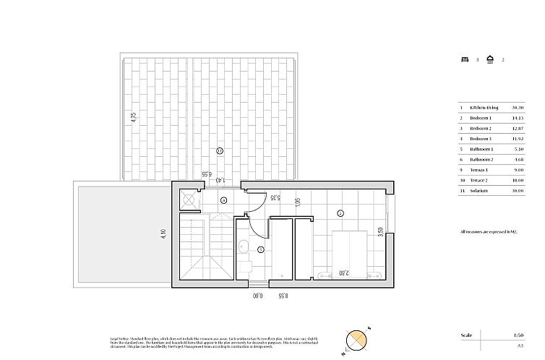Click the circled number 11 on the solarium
(x=220, y=150)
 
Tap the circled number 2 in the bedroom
(x=340, y=213)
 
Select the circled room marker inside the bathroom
(x=261, y=249)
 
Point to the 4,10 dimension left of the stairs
(x=164, y=236)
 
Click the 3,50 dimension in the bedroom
(x=380, y=233)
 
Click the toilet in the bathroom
(x=244, y=268)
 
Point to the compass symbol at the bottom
(x=357, y=340)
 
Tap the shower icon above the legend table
(x=490, y=60)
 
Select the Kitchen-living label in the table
(x=484, y=108)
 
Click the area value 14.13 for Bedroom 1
(x=518, y=118)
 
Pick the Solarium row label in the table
(x=479, y=191)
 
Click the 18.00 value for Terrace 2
(x=518, y=180)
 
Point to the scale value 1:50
(x=518, y=335)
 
